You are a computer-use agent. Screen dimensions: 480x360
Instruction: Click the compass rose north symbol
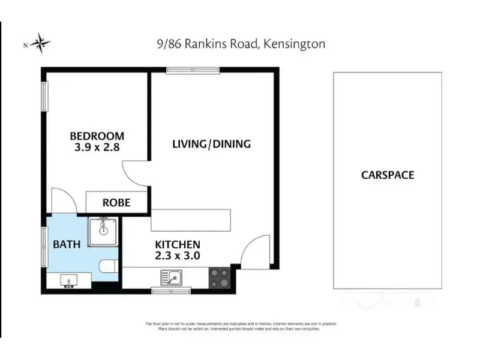coord(40,43)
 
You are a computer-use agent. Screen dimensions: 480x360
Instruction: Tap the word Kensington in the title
coord(294,44)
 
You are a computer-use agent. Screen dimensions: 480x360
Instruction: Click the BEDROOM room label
coord(97,136)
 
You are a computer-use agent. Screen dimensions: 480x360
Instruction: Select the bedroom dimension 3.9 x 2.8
coord(97,147)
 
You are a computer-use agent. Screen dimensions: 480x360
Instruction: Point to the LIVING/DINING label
coord(212,144)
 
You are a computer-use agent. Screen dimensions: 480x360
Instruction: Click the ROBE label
coord(116,202)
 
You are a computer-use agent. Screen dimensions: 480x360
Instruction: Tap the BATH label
coord(67,244)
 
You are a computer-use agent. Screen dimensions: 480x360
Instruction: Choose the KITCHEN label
coord(178,244)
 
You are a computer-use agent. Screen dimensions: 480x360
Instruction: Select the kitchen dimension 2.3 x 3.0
coord(178,256)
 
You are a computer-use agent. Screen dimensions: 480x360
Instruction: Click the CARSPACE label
coord(388,175)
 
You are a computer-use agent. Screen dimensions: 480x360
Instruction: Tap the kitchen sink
coord(171,278)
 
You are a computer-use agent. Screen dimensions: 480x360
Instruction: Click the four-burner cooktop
coord(219,278)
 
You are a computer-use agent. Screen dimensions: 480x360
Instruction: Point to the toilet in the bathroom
coord(109,266)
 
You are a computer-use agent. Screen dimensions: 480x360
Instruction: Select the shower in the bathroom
coord(103,232)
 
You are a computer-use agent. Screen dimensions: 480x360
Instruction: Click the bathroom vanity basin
coord(69,281)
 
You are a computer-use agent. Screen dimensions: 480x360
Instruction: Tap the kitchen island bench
coord(191,220)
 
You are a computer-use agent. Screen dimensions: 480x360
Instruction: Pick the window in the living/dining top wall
coord(193,70)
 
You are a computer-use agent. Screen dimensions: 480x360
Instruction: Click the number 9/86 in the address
coord(169,44)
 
